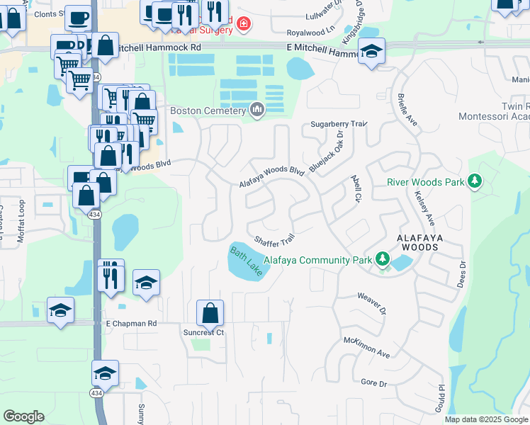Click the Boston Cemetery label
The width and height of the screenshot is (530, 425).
point(208,111)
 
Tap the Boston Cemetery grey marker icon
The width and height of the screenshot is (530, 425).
point(256,110)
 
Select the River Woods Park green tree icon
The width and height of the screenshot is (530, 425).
point(474,182)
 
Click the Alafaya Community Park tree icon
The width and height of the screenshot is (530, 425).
point(383,259)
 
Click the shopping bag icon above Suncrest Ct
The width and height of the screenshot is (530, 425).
point(210,312)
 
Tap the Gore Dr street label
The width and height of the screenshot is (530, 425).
point(373,383)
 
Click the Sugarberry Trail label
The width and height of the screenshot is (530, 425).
point(338,124)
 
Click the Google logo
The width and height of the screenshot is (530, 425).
point(23,416)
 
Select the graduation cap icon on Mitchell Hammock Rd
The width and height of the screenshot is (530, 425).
point(371,51)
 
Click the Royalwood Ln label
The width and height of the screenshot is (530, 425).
point(310,33)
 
